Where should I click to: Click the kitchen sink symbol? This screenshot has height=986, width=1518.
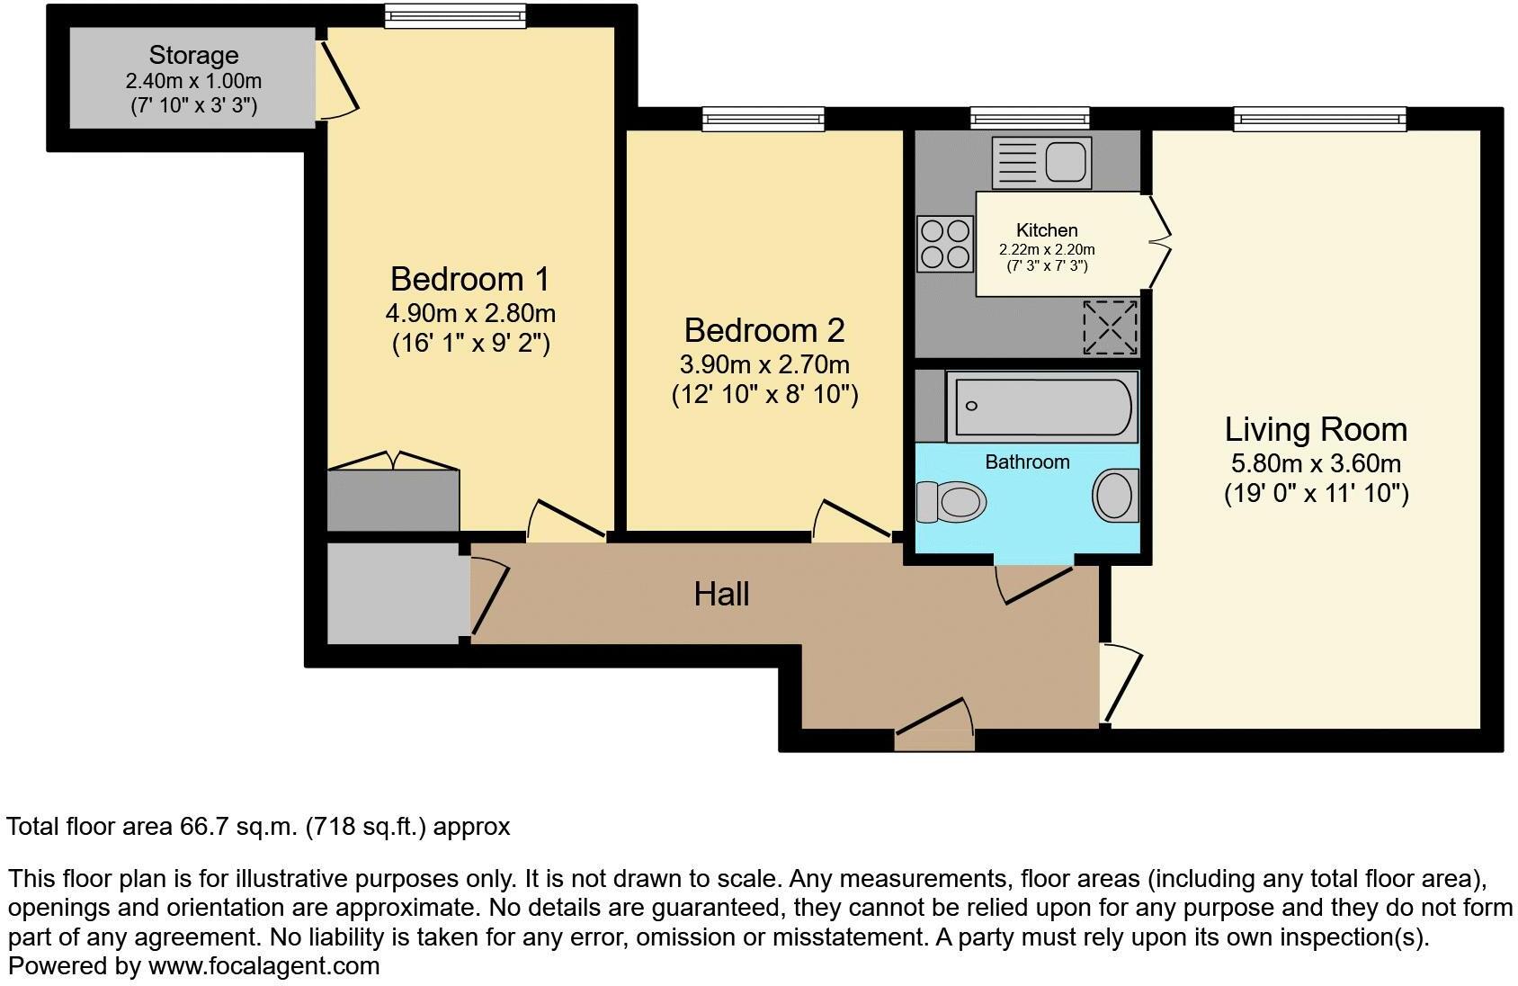coord(1041,163)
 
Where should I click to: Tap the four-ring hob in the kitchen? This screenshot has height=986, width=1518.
coord(945,244)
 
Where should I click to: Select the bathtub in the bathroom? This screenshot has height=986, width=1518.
coord(1041,408)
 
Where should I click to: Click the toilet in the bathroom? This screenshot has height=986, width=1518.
coord(950,501)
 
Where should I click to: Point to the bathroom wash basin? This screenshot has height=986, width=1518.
coord(1115,496)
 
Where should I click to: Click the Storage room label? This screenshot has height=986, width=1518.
coord(193,56)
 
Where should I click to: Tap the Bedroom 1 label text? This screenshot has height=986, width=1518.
coord(469,279)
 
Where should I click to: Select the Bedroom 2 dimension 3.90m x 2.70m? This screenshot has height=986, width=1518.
coord(763,364)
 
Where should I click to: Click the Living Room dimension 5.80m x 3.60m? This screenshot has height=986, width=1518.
coord(1315,463)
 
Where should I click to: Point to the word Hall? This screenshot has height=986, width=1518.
coord(721,594)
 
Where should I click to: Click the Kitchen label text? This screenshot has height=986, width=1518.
coord(1047,230)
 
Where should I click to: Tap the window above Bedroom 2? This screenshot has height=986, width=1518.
coord(763,119)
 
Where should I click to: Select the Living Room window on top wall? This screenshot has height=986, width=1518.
coord(1318,119)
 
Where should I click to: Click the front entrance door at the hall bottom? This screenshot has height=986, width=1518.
coord(935,725)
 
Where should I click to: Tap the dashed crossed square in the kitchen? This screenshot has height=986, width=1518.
coord(1110,327)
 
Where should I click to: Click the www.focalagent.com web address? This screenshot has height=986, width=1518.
coord(263,966)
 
